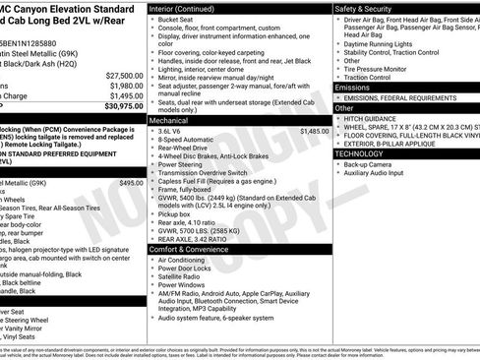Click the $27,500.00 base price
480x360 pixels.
click(x=124, y=75)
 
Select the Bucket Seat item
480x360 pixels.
click(x=179, y=19)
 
